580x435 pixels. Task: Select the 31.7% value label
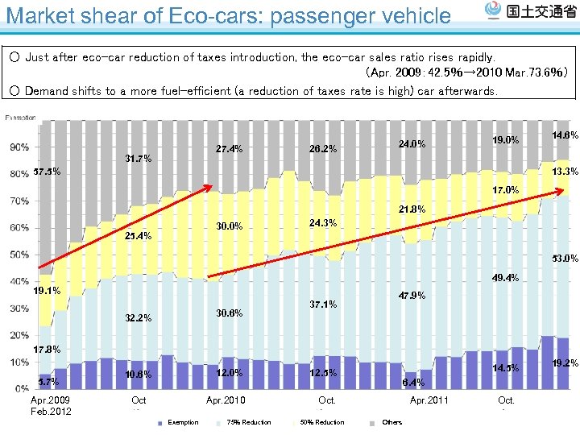tap(139, 158)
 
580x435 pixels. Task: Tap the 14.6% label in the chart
tap(564, 135)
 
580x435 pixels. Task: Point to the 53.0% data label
tap(564, 259)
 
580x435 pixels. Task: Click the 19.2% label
tap(564, 363)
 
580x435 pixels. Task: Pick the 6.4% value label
tap(413, 383)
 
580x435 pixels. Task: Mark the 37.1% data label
tap(323, 304)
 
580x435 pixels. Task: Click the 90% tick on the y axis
tap(20, 147)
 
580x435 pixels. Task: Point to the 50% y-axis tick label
tap(20, 255)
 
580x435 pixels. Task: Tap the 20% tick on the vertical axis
tap(20, 335)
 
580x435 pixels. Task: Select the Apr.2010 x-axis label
tap(226, 400)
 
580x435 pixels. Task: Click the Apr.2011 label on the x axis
tap(429, 400)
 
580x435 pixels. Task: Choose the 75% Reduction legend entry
tap(248, 422)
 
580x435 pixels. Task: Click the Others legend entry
tap(391, 422)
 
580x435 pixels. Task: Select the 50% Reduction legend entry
tap(321, 422)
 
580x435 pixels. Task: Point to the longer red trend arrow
tap(387, 234)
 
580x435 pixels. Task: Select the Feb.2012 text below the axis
tap(51, 412)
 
